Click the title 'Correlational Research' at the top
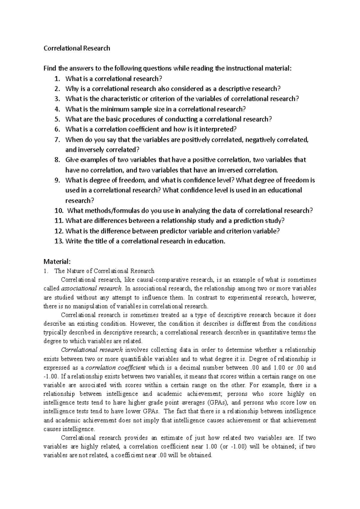tap(77, 48)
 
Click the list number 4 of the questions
tap(57, 109)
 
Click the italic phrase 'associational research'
tap(91, 289)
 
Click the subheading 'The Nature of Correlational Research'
tap(104, 271)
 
